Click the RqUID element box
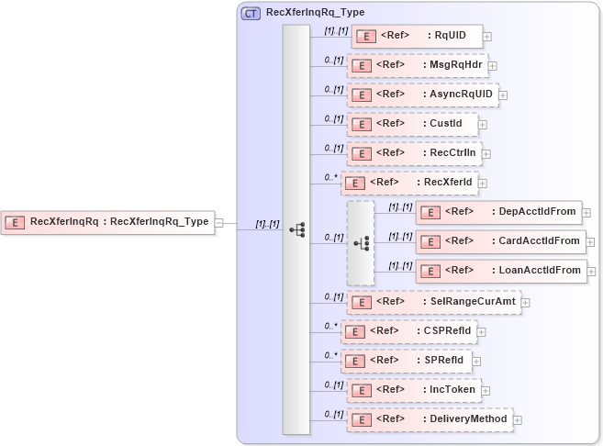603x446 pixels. [x=417, y=37]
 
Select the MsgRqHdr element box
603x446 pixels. [x=417, y=66]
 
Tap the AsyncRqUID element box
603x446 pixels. [x=422, y=95]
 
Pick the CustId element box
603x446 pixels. [x=412, y=124]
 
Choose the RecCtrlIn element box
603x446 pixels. [x=414, y=153]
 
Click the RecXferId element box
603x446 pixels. [x=409, y=183]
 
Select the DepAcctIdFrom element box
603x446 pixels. [x=498, y=212]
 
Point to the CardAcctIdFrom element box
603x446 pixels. [x=501, y=241]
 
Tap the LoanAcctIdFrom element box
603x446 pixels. [x=501, y=271]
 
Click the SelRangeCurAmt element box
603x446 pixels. [x=433, y=302]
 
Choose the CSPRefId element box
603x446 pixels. [x=409, y=331]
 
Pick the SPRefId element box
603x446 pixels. [x=407, y=361]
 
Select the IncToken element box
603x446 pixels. [x=413, y=390]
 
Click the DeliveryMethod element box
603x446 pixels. [x=430, y=419]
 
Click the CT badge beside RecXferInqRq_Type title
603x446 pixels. [x=251, y=13]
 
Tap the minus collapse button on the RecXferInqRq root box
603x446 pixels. [x=218, y=222]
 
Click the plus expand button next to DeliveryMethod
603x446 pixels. [x=518, y=419]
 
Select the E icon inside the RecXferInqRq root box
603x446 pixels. [x=17, y=222]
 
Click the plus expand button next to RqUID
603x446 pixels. [x=487, y=37]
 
